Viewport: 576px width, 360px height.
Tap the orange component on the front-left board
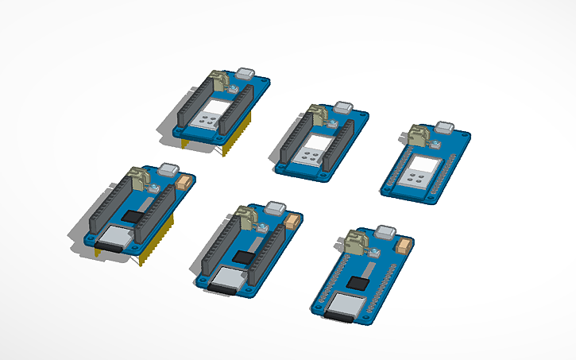187,182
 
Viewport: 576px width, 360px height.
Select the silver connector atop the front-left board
168,168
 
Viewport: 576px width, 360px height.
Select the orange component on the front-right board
403,246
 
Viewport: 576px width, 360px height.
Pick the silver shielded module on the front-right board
343,304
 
